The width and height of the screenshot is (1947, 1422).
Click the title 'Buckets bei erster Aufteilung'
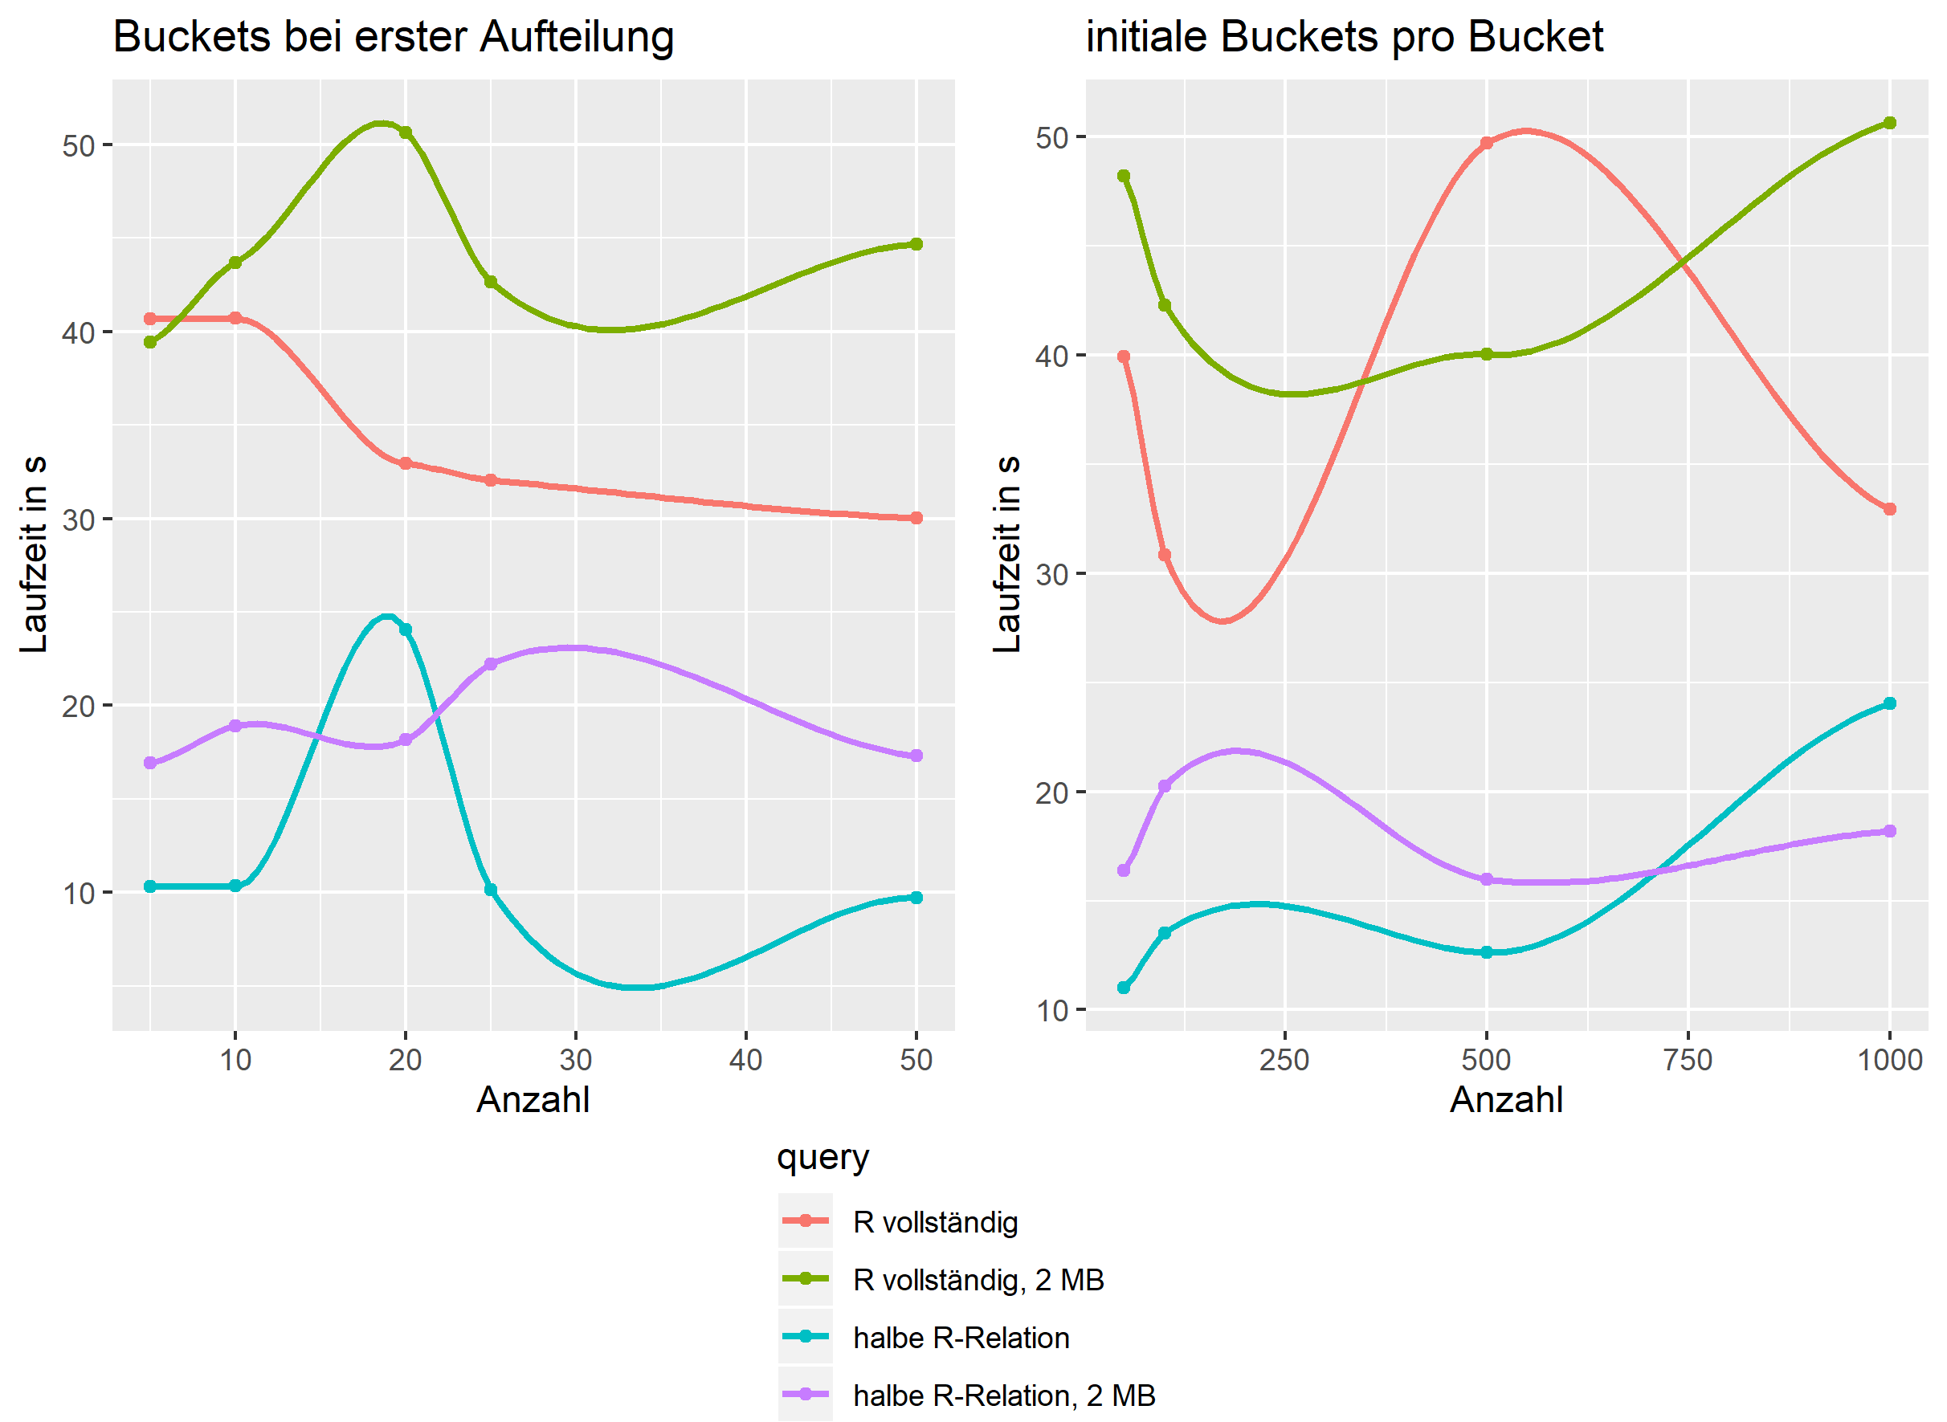[393, 37]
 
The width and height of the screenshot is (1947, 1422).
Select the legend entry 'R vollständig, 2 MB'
[978, 1280]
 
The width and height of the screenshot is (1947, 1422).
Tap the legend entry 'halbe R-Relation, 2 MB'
[1003, 1396]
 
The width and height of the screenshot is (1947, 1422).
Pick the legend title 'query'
[822, 1157]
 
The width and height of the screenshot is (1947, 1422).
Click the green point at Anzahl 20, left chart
[406, 132]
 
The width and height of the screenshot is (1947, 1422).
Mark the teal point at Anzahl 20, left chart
[406, 630]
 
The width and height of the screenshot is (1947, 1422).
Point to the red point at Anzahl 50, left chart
[916, 518]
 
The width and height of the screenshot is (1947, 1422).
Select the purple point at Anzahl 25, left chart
[491, 665]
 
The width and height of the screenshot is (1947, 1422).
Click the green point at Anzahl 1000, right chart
[1890, 123]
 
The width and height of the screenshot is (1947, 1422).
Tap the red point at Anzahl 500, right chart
[1486, 144]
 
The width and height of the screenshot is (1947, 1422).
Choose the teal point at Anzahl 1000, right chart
[1890, 704]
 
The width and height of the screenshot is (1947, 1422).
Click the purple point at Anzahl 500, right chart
[1486, 880]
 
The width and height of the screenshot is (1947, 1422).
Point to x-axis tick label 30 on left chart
[575, 1060]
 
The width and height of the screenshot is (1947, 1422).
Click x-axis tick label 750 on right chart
[1688, 1060]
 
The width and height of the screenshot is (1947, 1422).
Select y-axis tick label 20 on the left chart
[77, 707]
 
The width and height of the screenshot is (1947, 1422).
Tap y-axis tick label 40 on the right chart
[1051, 357]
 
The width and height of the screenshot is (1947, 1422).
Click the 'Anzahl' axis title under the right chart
[1506, 1100]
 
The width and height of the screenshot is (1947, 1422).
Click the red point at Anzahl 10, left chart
[235, 319]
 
